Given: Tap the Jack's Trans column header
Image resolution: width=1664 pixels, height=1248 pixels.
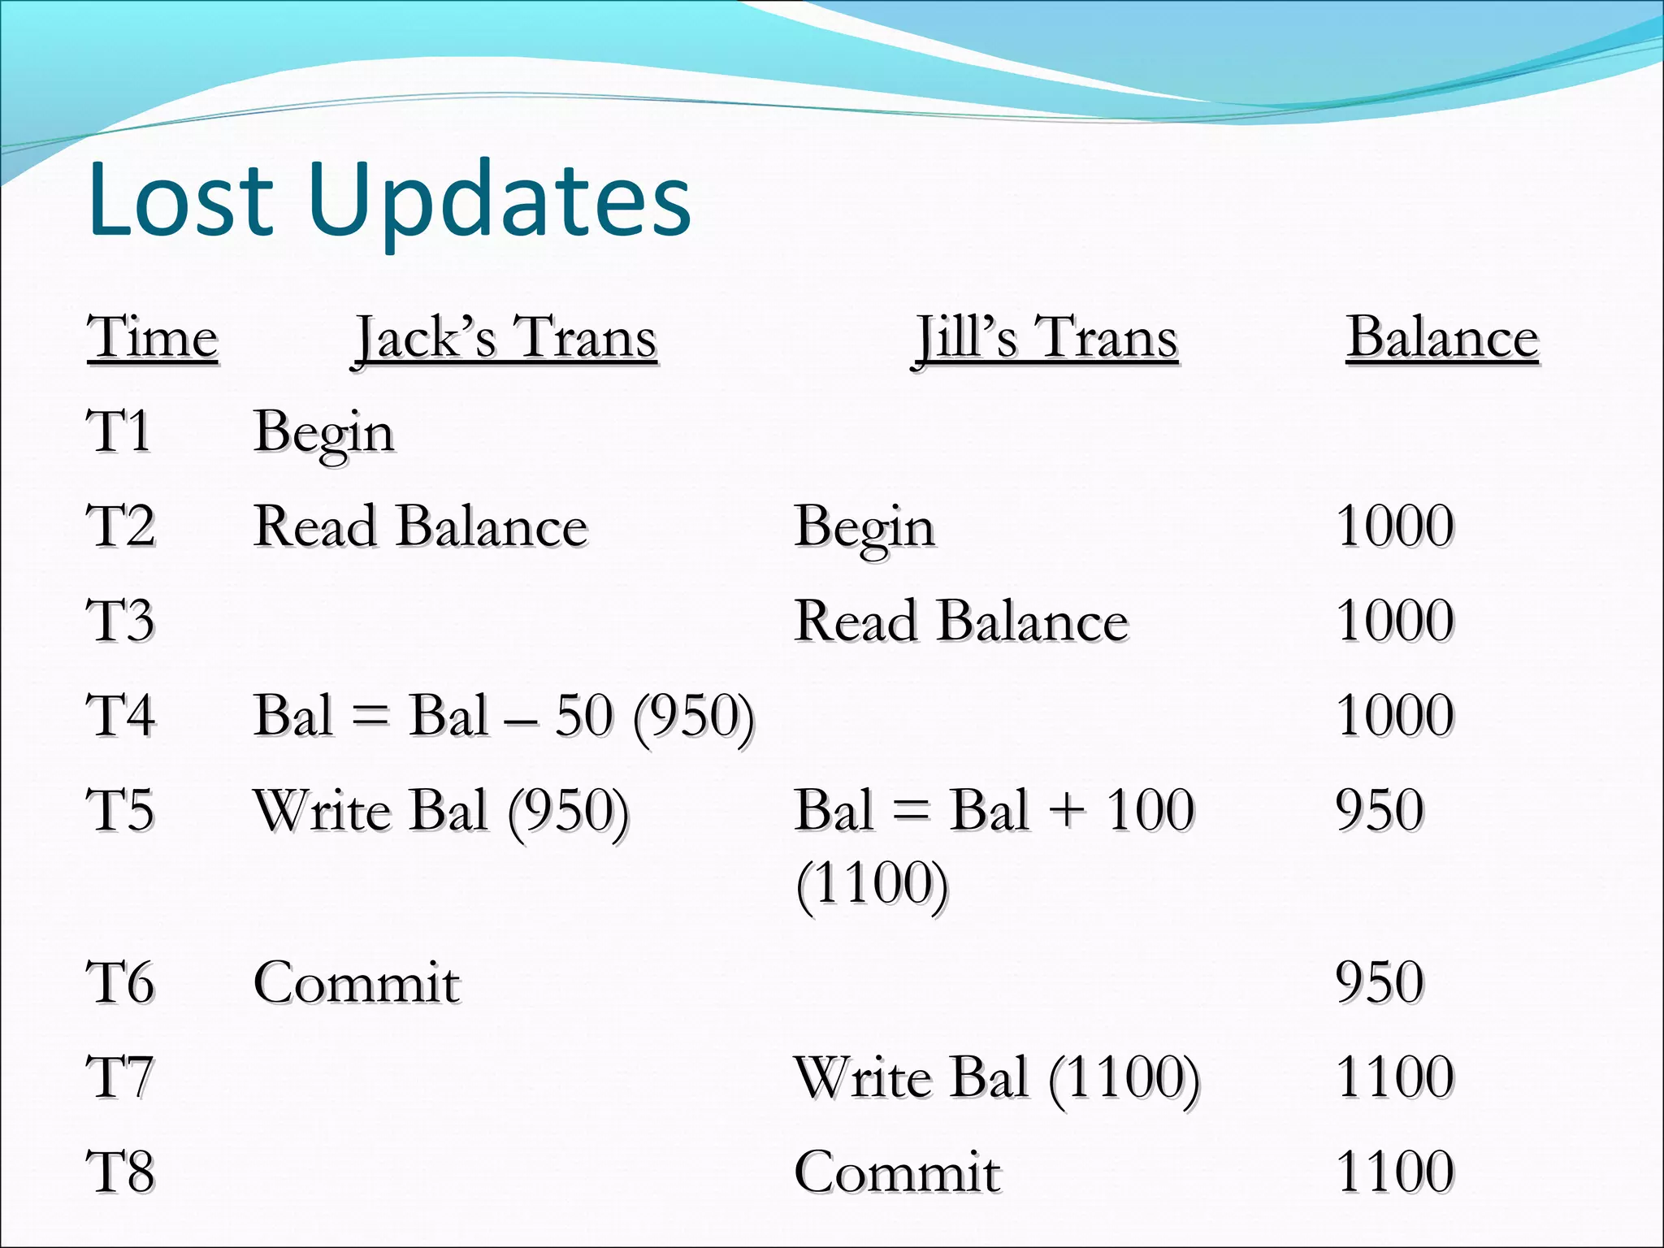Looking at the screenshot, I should click(505, 338).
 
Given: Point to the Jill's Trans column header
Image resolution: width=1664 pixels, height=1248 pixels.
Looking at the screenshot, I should click(1046, 338).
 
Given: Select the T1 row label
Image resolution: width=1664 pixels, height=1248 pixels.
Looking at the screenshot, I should click(119, 431).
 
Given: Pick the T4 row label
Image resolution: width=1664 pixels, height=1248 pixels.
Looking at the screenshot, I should click(120, 716).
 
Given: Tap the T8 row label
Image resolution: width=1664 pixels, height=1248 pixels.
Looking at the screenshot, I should click(120, 1172).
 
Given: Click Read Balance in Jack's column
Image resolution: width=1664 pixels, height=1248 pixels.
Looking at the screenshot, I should click(420, 526).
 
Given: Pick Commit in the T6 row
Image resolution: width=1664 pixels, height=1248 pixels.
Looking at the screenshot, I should click(357, 983).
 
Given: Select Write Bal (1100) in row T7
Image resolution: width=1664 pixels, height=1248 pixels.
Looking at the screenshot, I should click(997, 1078).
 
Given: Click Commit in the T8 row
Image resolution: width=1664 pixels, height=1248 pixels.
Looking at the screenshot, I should click(897, 1172).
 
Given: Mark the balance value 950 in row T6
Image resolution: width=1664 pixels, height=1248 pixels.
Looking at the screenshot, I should click(1380, 982).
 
